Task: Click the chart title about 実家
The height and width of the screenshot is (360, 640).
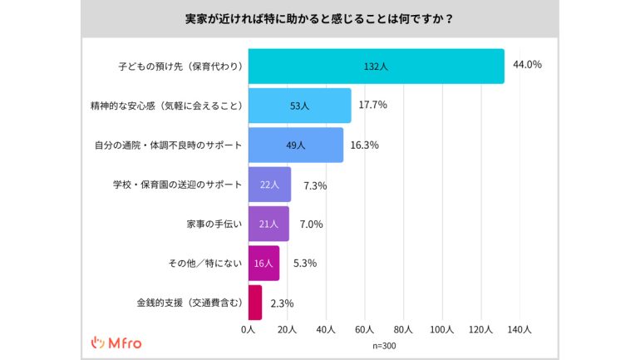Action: coord(319,17)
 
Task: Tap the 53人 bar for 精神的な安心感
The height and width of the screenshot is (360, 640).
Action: coord(299,106)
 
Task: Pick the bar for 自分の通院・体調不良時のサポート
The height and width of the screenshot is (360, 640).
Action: coord(295,145)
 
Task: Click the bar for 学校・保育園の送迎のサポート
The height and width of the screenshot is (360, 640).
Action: coord(269,185)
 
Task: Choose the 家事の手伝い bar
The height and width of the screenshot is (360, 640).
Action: coord(268,224)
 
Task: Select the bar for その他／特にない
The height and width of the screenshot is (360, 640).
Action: coord(263,263)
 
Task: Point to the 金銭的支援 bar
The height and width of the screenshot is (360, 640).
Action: coord(254,303)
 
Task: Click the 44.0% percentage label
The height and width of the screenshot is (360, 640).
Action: coord(528,65)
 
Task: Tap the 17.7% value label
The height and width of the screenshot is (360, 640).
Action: coord(372,105)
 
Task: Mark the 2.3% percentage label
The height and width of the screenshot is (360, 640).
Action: coord(283,303)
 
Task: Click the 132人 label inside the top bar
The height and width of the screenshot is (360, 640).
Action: coord(376,66)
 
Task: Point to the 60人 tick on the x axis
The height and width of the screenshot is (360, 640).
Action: coord(364,330)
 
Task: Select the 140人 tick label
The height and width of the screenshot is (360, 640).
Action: coord(520,330)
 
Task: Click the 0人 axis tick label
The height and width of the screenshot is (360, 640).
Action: coord(247,330)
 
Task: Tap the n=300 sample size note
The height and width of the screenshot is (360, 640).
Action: coord(385,344)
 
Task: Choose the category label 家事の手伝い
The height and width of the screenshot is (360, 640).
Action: coord(214,224)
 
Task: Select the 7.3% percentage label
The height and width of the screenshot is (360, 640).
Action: coord(315,185)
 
